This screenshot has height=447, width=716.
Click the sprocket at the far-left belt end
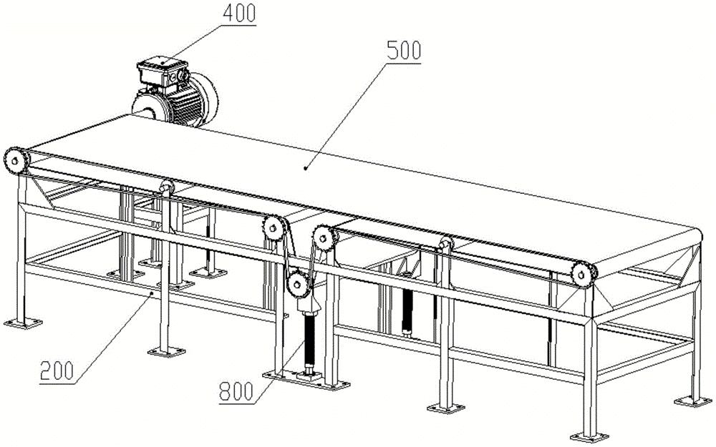pyautogui.click(x=16, y=159)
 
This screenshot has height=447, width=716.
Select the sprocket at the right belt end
pyautogui.click(x=583, y=272)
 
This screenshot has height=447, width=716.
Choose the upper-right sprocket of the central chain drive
pyautogui.click(x=323, y=236)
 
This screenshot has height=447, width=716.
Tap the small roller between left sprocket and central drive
pyautogui.click(x=167, y=187)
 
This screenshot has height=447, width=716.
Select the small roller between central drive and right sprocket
pyautogui.click(x=445, y=246)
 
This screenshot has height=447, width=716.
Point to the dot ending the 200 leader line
pyautogui.click(x=152, y=292)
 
